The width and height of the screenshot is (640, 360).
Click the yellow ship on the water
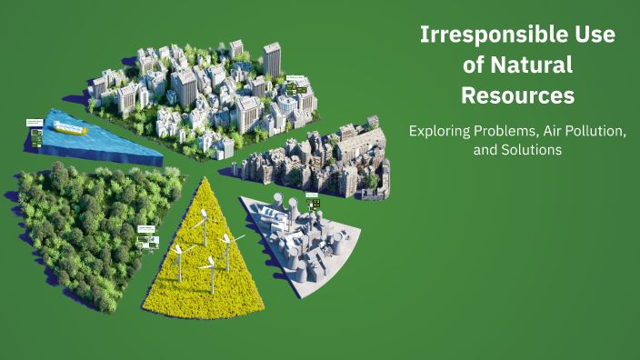pyautogui.click(x=71, y=129)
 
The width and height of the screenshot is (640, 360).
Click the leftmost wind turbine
pyautogui.click(x=179, y=249)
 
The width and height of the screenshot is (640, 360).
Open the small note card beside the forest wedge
pyautogui.click(x=147, y=236)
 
